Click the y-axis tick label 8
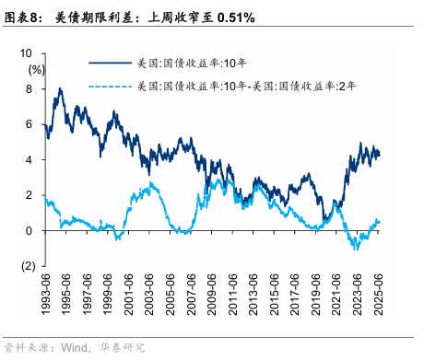point(31,89)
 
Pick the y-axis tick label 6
point(31,124)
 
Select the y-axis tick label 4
point(31,159)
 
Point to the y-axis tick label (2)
point(28,266)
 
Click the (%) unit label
point(36,69)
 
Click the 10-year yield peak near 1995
point(60,89)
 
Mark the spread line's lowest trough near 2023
point(354,249)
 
